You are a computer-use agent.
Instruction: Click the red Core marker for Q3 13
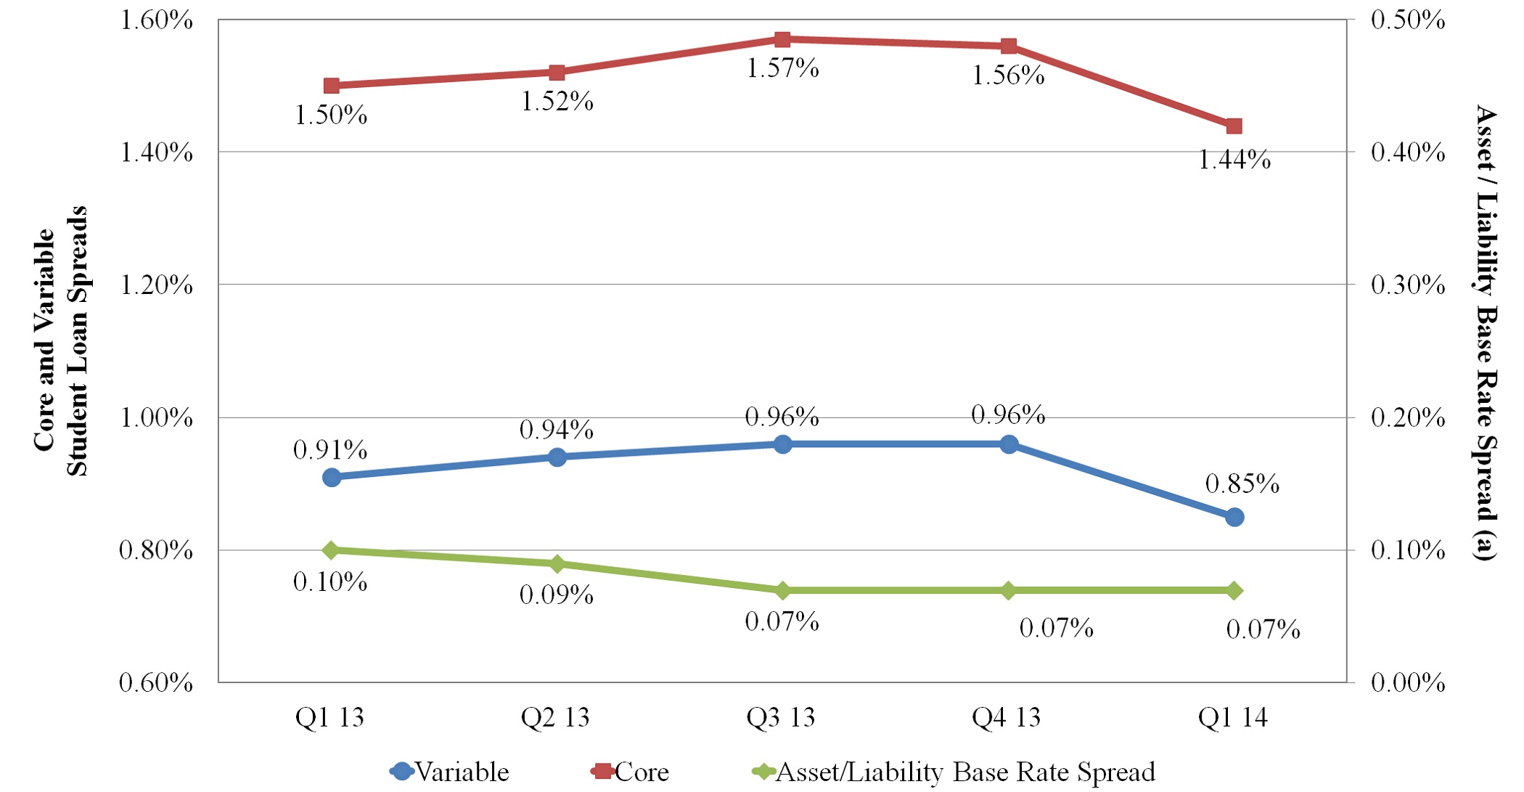point(782,39)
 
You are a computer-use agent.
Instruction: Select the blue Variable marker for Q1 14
point(1234,517)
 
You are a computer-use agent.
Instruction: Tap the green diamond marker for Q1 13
point(332,550)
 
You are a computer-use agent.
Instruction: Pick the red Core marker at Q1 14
point(1234,126)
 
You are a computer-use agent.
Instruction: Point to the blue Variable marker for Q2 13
point(557,457)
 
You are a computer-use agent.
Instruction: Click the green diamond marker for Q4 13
point(1009,590)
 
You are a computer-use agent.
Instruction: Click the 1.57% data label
point(782,69)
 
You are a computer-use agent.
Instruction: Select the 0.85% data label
point(1242,484)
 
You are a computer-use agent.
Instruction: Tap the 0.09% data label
point(557,595)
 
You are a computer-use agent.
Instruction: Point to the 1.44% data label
point(1234,160)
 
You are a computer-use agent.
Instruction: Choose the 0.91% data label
point(330,450)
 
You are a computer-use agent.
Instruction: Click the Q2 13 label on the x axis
point(555,718)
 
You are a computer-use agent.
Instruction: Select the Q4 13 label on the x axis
point(1007,718)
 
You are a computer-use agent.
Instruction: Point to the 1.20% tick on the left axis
point(156,285)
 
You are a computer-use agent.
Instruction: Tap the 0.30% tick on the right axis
point(1407,285)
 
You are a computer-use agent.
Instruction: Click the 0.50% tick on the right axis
point(1407,20)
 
